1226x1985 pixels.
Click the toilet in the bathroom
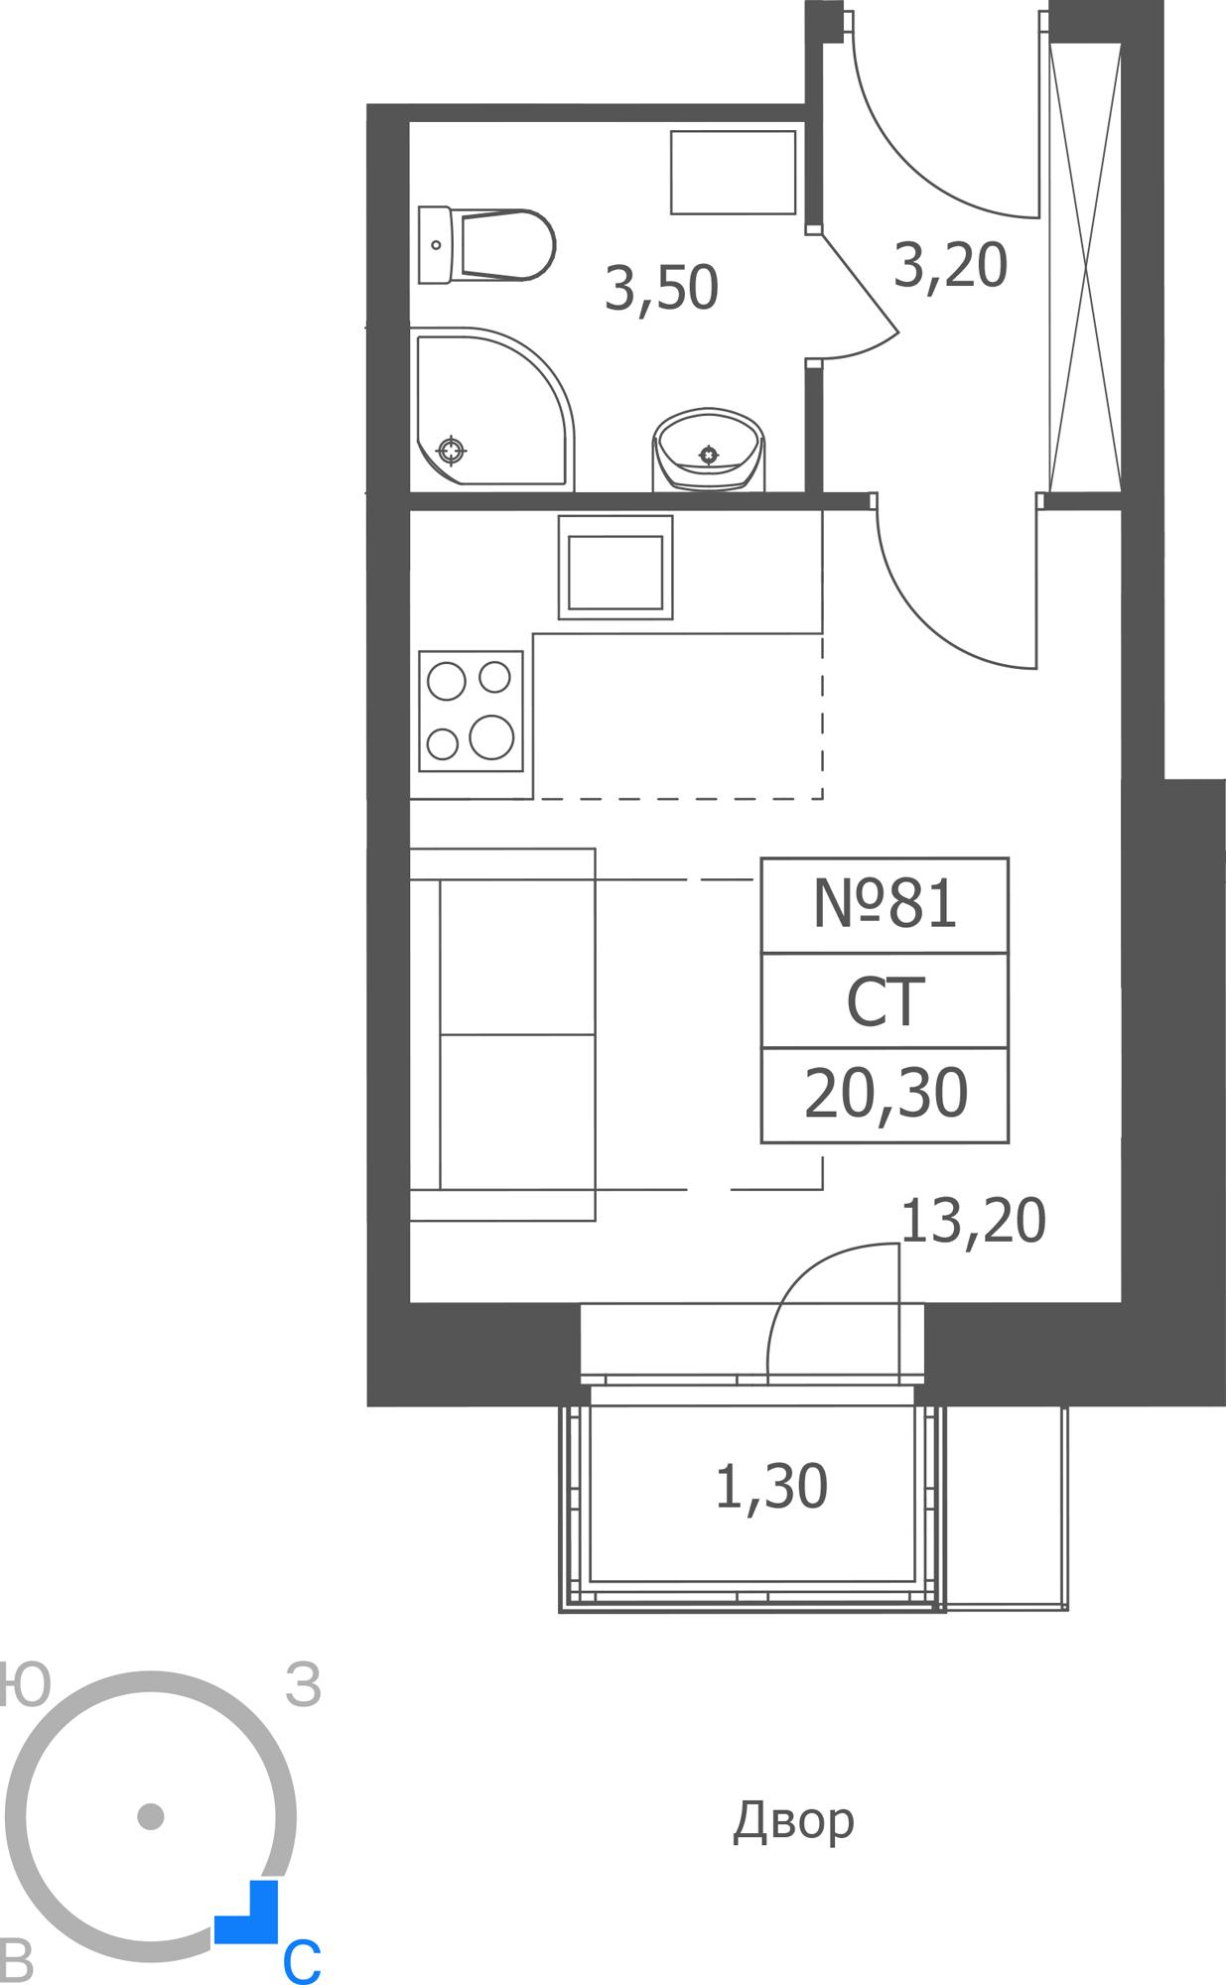click(x=486, y=244)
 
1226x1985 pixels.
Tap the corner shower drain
click(x=452, y=451)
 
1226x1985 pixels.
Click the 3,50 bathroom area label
click(x=661, y=289)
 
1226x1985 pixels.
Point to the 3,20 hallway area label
click(x=950, y=266)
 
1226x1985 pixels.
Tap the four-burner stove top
click(x=471, y=711)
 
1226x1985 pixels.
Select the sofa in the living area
click(x=503, y=1034)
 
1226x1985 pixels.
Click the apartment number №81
click(x=885, y=905)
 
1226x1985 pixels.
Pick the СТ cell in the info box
click(x=885, y=1001)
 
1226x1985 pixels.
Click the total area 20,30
click(x=885, y=1094)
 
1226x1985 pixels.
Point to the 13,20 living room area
click(x=973, y=1221)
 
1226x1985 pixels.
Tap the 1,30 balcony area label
click(x=771, y=1488)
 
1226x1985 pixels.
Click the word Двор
click(x=793, y=1820)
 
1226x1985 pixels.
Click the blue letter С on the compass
click(x=302, y=1961)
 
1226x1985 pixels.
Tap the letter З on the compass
click(x=304, y=1685)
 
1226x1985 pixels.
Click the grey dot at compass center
click(x=150, y=1816)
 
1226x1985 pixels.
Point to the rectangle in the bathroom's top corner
click(x=733, y=172)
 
